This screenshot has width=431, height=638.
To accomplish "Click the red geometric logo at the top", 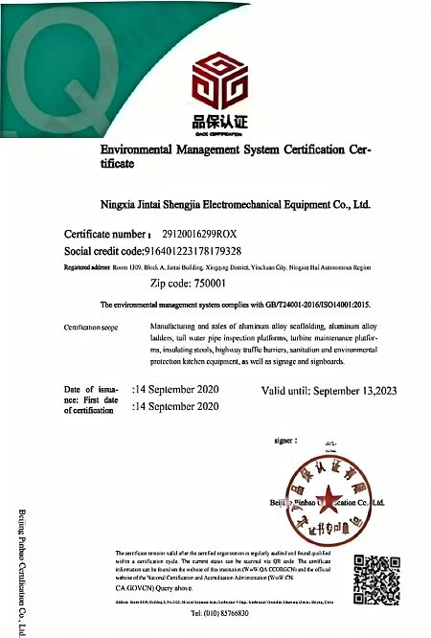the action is coord(215,80).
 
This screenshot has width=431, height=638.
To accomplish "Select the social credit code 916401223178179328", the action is coord(211,250).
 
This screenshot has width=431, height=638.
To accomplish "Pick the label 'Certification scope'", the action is coord(95,328).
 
